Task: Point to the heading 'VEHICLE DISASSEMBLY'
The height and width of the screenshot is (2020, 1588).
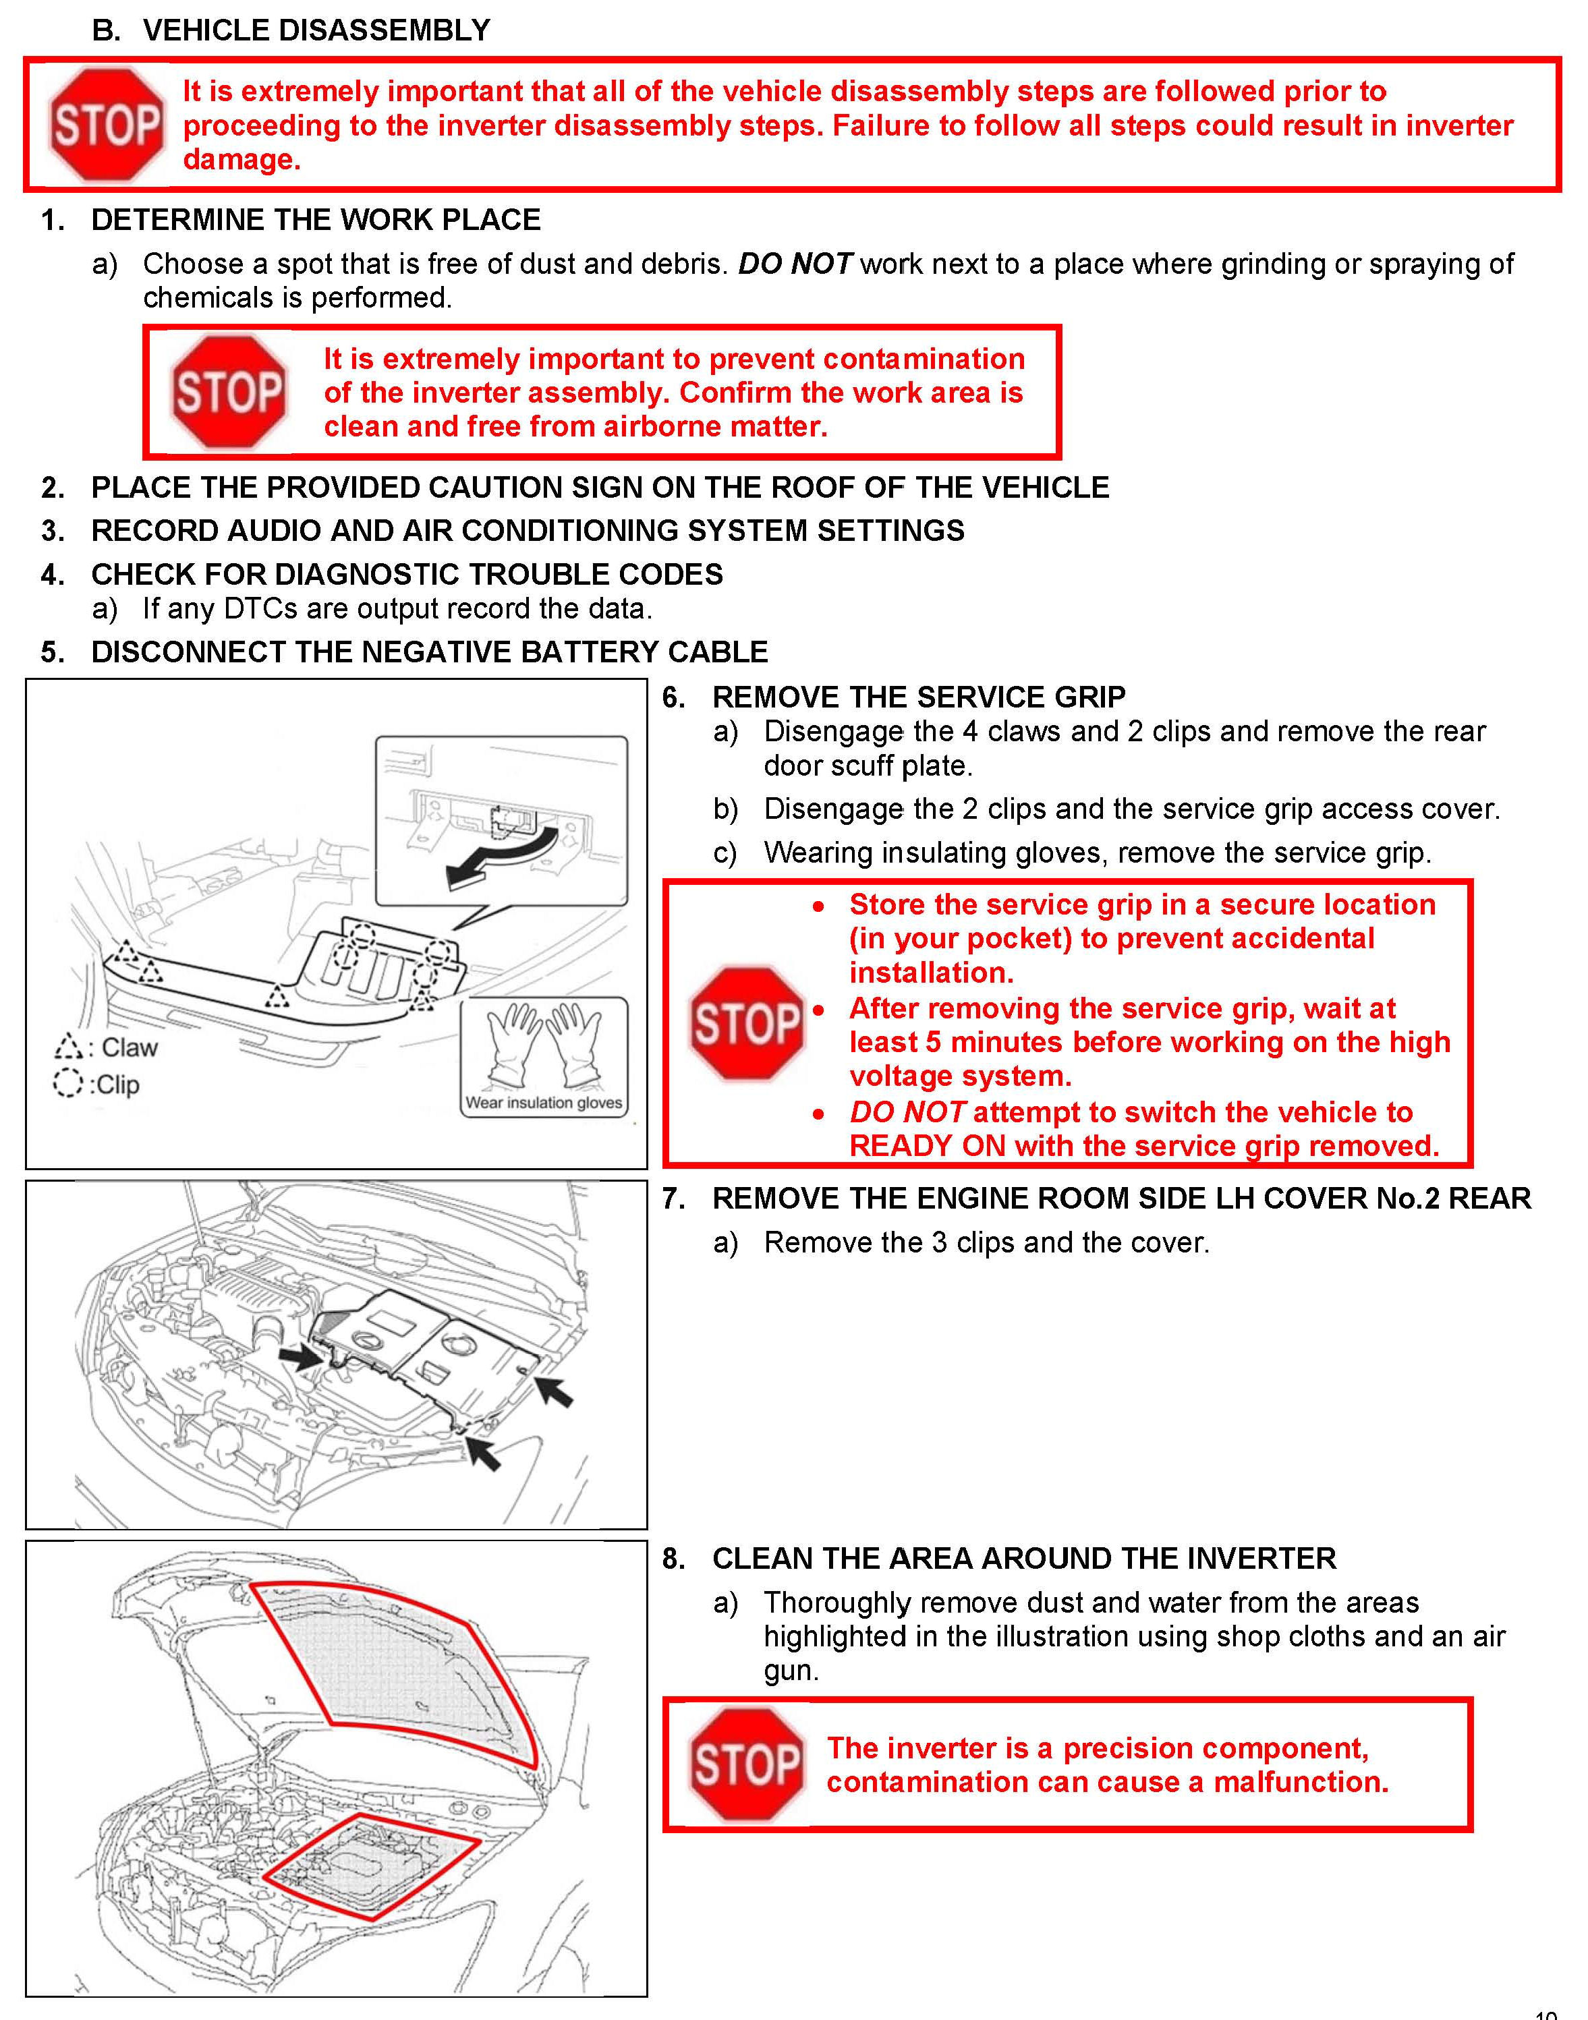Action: pyautogui.click(x=316, y=30)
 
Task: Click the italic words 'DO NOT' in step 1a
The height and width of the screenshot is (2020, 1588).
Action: pyautogui.click(x=795, y=264)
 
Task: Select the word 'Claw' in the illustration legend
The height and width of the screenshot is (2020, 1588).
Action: pyautogui.click(x=130, y=1047)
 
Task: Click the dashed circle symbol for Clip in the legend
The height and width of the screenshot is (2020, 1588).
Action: pyautogui.click(x=67, y=1084)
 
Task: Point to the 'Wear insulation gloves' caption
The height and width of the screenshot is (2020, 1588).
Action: pyautogui.click(x=544, y=1103)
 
